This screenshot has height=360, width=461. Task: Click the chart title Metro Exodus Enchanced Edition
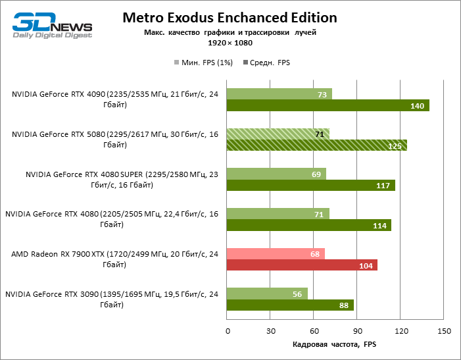coord(230,18)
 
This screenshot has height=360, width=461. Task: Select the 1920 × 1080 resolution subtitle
coord(230,43)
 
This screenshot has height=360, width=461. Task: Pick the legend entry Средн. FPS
coord(266,63)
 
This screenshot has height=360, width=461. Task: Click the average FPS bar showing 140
coord(328,105)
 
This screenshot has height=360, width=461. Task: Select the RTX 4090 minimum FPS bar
coord(279,94)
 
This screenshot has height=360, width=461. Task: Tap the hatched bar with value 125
coord(316,145)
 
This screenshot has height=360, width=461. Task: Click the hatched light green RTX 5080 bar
coord(278,134)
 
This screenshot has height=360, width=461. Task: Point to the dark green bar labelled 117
coord(310,185)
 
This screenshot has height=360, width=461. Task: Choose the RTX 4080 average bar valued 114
coord(308,225)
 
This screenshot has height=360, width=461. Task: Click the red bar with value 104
coord(301,265)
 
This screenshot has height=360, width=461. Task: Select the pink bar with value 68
coord(276,254)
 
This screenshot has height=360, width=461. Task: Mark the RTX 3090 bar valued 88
coord(290,305)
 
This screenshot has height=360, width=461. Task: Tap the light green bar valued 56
coord(267,294)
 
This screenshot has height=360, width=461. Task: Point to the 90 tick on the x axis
coord(356,331)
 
